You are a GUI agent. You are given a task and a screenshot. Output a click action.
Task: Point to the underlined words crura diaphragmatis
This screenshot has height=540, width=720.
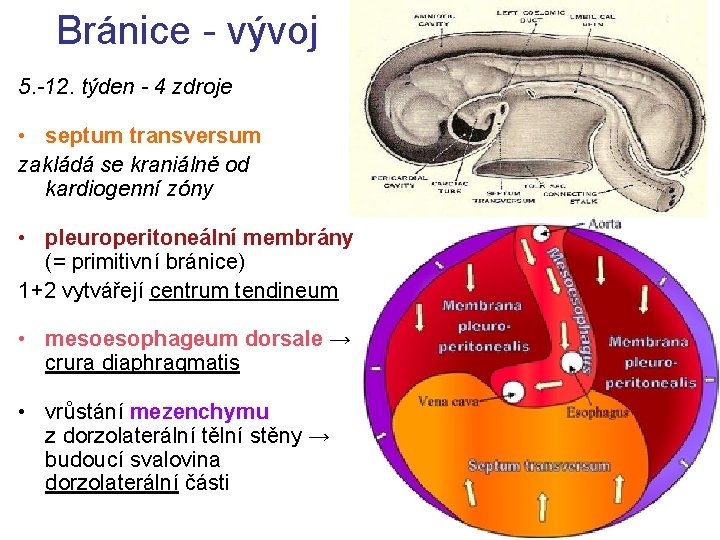[x=142, y=363]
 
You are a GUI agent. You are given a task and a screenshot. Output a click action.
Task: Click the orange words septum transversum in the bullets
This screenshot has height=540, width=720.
[x=153, y=135]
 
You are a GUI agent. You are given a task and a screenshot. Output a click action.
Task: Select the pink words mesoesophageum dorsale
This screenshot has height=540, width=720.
[x=184, y=339]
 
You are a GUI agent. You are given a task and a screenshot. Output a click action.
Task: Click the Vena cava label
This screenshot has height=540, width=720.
[x=447, y=402]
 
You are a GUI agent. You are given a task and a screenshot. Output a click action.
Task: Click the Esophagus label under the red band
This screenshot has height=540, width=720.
[x=596, y=412]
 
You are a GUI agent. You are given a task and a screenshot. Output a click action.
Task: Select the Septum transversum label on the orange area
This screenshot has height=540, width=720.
[x=539, y=466]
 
